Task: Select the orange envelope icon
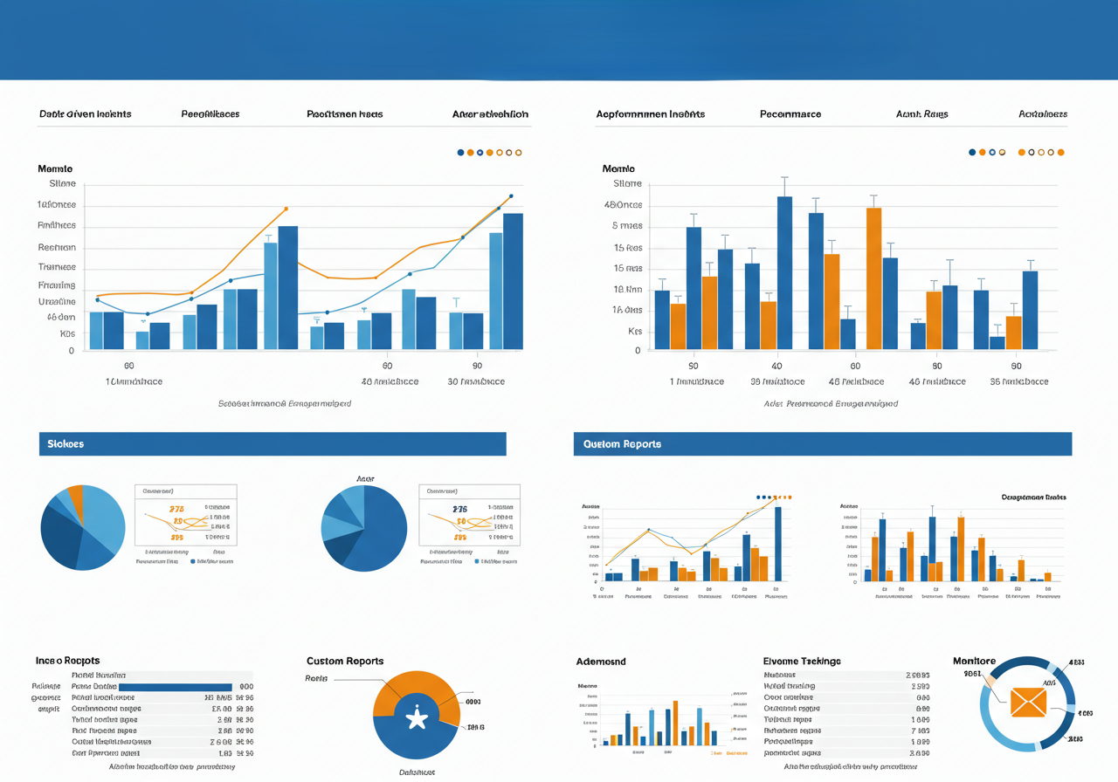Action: (1028, 702)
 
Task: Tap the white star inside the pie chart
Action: (417, 718)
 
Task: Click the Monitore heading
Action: (975, 662)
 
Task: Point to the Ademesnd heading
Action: (601, 662)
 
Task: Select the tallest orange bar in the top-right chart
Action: (873, 278)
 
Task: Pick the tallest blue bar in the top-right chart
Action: (784, 272)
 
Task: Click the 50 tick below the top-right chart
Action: (694, 367)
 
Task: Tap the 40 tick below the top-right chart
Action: (776, 367)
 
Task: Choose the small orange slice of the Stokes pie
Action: (76, 498)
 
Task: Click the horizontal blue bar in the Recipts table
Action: (175, 687)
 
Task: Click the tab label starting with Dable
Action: (85, 114)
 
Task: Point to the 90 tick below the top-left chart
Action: (477, 367)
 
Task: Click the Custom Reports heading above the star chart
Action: (345, 662)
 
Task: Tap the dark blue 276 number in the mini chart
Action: (460, 509)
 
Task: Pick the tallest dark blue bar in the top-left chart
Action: (513, 281)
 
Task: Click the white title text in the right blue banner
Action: (623, 444)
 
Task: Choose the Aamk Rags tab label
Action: (922, 114)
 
